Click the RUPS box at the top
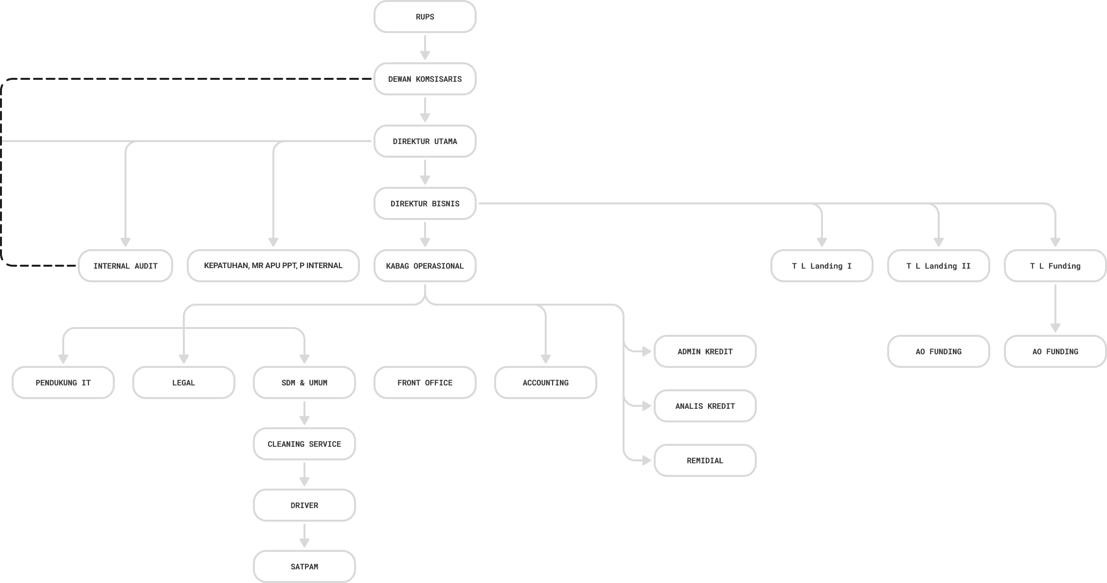[x=425, y=17]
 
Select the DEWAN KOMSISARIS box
[x=425, y=79]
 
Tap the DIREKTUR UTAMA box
[x=425, y=141]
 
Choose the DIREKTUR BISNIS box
[x=425, y=203]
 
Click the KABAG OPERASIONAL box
[x=425, y=266]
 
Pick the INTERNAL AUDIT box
[x=125, y=266]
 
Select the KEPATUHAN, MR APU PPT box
[x=273, y=266]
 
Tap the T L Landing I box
[x=821, y=266]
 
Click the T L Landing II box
[x=938, y=266]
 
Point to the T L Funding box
[x=1055, y=266]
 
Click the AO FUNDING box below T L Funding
[x=1055, y=351]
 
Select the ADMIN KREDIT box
[x=705, y=351]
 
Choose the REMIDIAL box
[x=705, y=460]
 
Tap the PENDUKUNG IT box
[x=63, y=383]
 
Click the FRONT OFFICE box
[x=425, y=383]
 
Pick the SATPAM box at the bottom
[x=304, y=566]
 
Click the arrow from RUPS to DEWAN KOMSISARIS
[x=425, y=48]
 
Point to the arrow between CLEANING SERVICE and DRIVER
[x=304, y=474]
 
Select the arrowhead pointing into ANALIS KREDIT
[x=647, y=406]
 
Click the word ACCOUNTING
[x=545, y=383]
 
